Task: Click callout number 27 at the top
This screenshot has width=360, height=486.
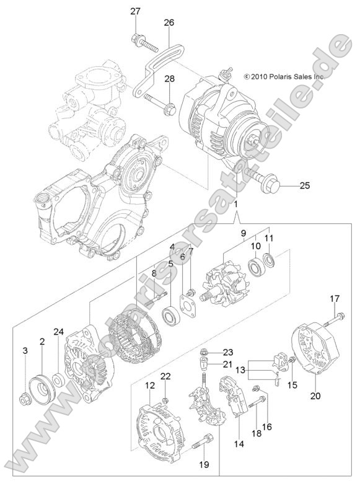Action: (135, 11)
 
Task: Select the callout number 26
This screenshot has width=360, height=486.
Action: (169, 22)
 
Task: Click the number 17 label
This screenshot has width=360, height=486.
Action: (334, 299)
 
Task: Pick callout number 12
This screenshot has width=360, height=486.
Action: (150, 386)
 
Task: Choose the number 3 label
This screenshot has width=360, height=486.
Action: (25, 351)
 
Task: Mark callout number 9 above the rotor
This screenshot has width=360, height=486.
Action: (244, 234)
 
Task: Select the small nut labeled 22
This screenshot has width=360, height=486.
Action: (165, 397)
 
